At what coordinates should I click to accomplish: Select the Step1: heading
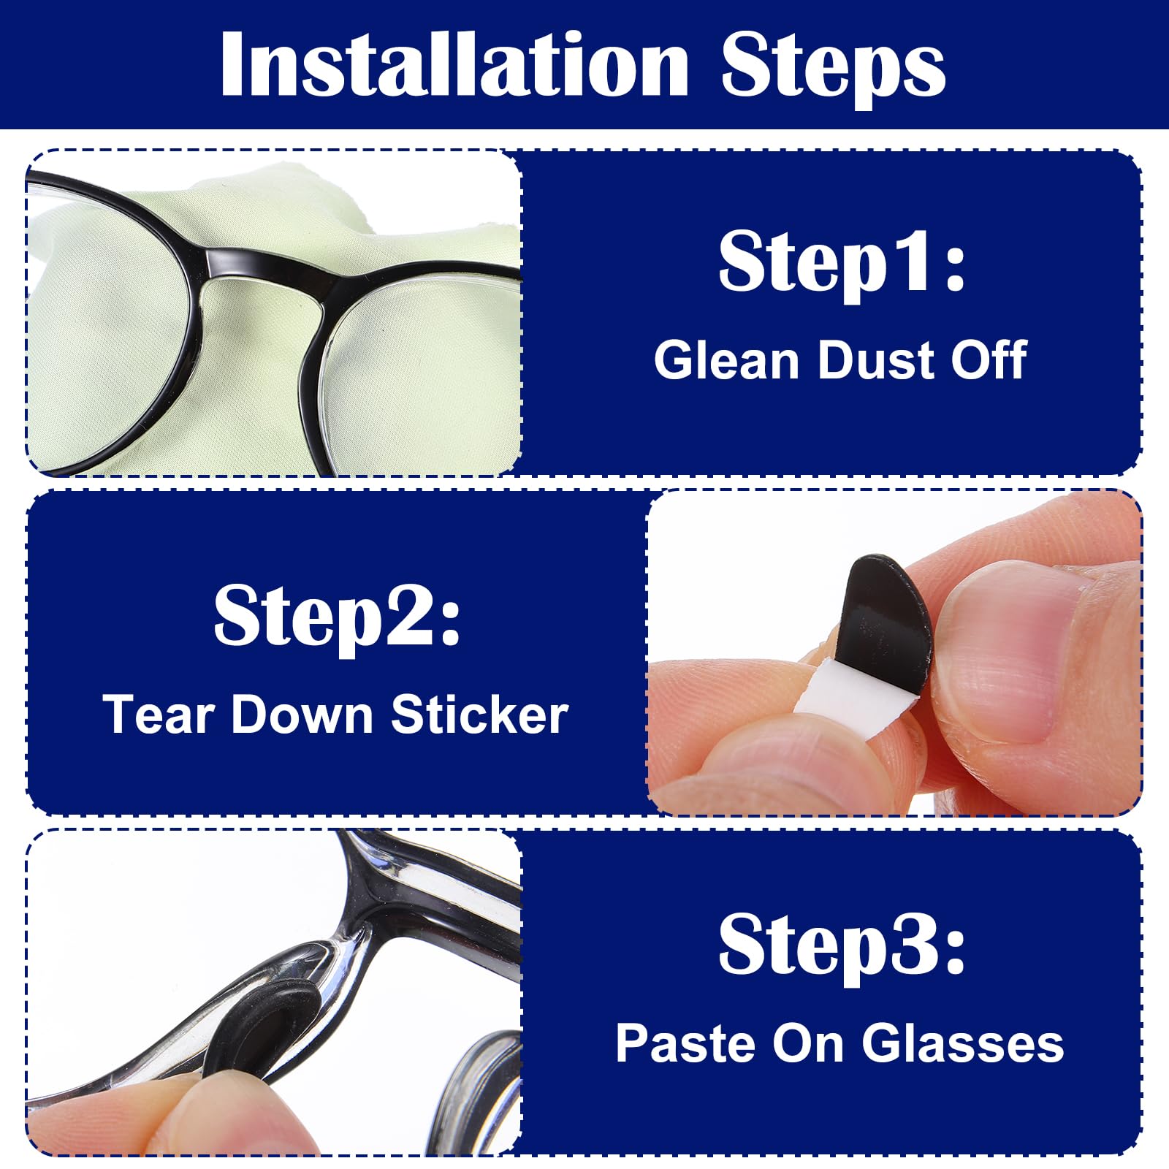click(842, 262)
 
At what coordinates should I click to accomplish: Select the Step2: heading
click(337, 615)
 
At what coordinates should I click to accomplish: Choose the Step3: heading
click(842, 944)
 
